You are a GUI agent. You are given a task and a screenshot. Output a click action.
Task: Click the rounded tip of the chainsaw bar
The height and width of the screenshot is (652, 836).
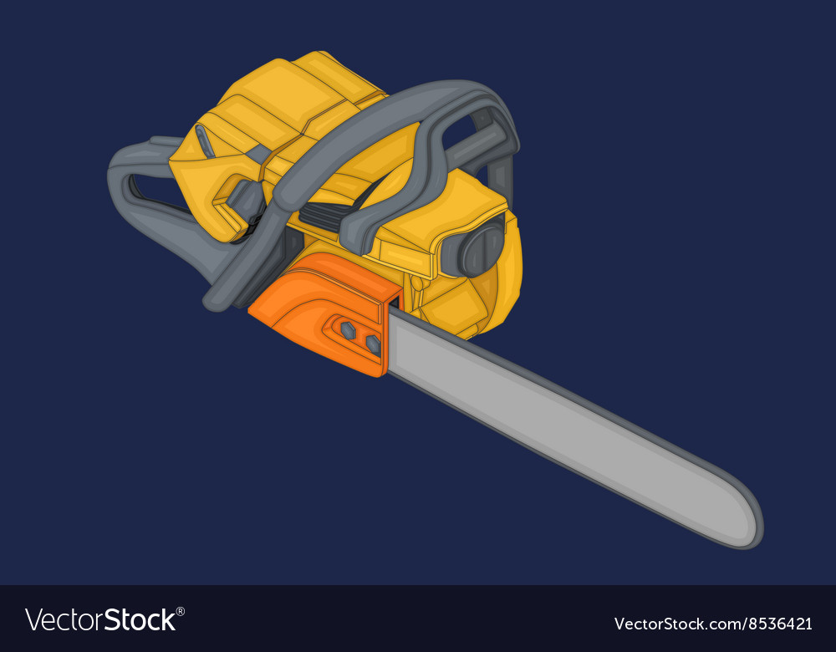click(747, 522)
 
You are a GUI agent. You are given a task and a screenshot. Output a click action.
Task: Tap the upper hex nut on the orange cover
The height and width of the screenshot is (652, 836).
click(347, 329)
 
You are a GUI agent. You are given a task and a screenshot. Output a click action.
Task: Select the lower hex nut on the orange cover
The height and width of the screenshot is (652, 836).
click(372, 344)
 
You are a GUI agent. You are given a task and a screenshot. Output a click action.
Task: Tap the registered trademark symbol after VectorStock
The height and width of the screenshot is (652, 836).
click(181, 611)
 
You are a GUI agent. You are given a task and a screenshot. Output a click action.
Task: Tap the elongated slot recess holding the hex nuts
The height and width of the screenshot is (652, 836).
click(358, 335)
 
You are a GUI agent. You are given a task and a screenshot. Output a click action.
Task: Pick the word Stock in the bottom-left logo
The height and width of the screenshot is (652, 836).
click(139, 619)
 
